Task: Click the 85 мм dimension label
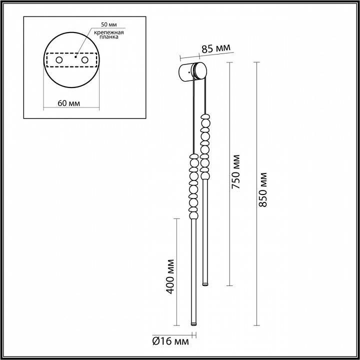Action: pyautogui.click(x=216, y=49)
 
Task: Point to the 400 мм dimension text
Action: pyautogui.click(x=170, y=276)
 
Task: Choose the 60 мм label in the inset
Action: pyautogui.click(x=68, y=103)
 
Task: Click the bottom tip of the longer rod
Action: pyautogui.click(x=192, y=325)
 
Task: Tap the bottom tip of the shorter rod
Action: pyautogui.click(x=204, y=285)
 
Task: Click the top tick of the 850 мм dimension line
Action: pyautogui.click(x=257, y=62)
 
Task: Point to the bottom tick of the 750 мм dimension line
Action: pyautogui.click(x=229, y=285)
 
